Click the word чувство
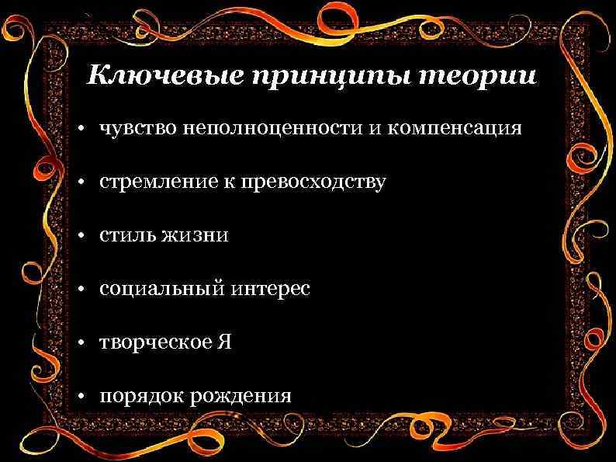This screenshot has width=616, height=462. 138,129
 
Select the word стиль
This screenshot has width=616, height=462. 127,235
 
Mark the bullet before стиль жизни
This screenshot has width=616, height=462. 80,236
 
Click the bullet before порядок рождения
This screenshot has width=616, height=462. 80,398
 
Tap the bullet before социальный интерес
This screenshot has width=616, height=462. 80,290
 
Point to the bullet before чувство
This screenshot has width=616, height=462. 80,130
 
